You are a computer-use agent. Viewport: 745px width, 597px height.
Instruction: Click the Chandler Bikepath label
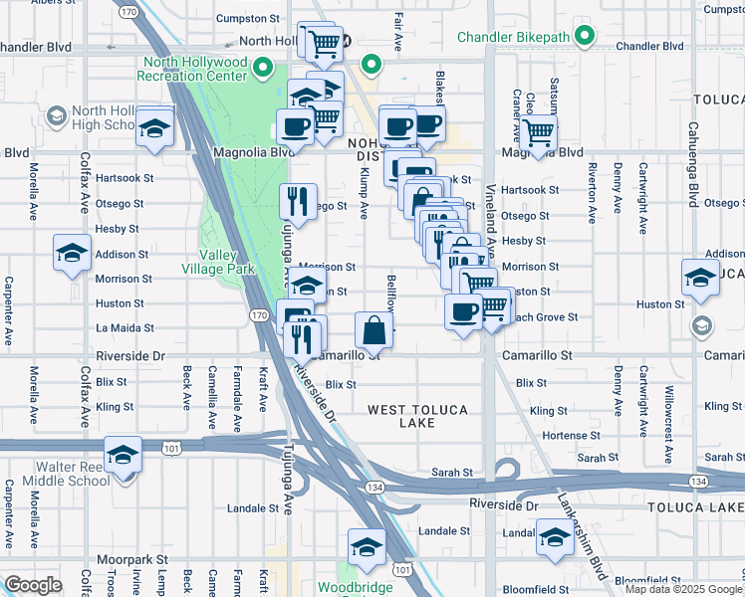pyautogui.click(x=513, y=38)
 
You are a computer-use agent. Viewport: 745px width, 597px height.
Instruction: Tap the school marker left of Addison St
pyautogui.click(x=72, y=254)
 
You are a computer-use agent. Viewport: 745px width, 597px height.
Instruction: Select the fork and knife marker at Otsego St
pyautogui.click(x=298, y=203)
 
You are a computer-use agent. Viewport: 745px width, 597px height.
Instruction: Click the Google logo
pyautogui.click(x=34, y=585)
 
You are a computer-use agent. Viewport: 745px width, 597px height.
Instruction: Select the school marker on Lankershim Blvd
pyautogui.click(x=553, y=538)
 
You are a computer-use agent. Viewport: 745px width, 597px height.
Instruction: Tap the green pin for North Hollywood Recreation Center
pyautogui.click(x=263, y=68)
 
